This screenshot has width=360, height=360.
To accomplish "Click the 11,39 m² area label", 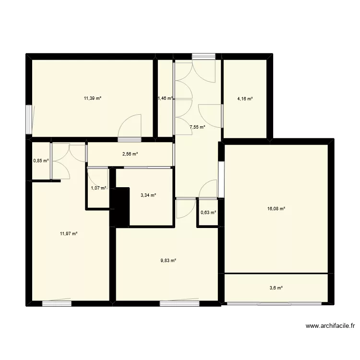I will (x=93, y=98).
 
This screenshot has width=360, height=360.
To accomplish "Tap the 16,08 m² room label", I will (x=276, y=209).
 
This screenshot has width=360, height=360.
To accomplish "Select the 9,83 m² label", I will (x=168, y=261).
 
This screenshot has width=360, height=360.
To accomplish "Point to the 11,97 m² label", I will (x=69, y=234).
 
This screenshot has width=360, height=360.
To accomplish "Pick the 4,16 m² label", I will (x=245, y=99).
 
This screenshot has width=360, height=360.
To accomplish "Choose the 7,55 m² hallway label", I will (x=197, y=127).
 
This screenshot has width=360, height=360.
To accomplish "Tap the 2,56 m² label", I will (x=130, y=154).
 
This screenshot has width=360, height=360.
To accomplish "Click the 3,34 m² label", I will (x=148, y=195).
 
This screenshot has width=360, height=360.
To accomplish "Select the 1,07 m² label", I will (x=98, y=188).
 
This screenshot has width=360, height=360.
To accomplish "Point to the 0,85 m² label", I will (x=41, y=160).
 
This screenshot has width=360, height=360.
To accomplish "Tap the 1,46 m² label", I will (x=165, y=99).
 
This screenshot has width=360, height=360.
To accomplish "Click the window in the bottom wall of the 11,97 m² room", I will (x=57, y=303).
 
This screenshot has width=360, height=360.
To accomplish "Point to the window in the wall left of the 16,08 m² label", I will (x=221, y=179).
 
